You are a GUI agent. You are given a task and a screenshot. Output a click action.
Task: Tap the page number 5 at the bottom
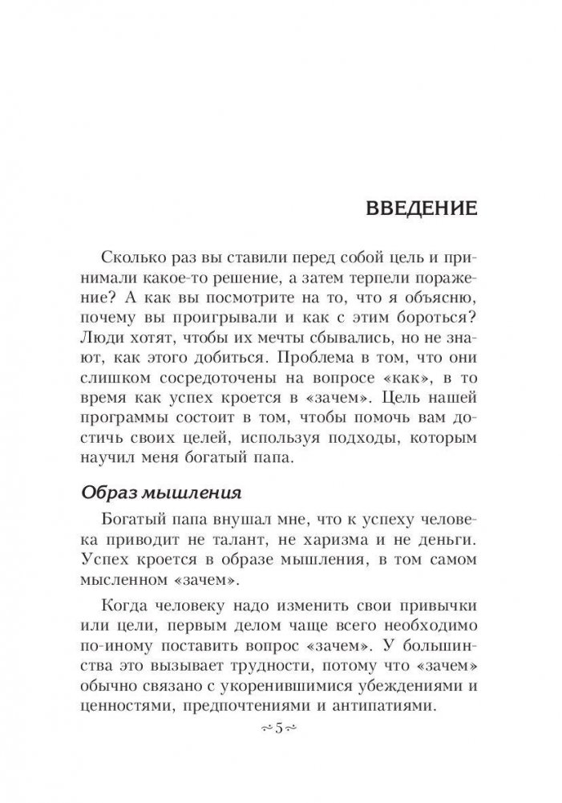(x=281, y=728)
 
